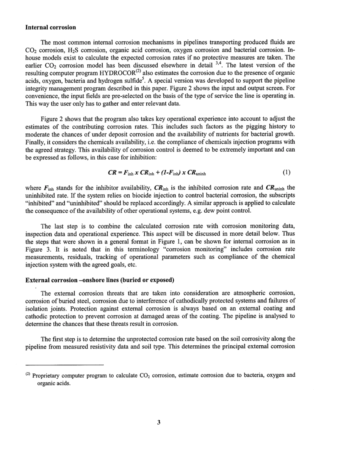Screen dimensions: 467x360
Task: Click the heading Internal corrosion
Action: coord(50,27)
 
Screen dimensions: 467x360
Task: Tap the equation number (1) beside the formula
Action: coord(286,172)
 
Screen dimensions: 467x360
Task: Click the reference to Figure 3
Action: coord(35,249)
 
